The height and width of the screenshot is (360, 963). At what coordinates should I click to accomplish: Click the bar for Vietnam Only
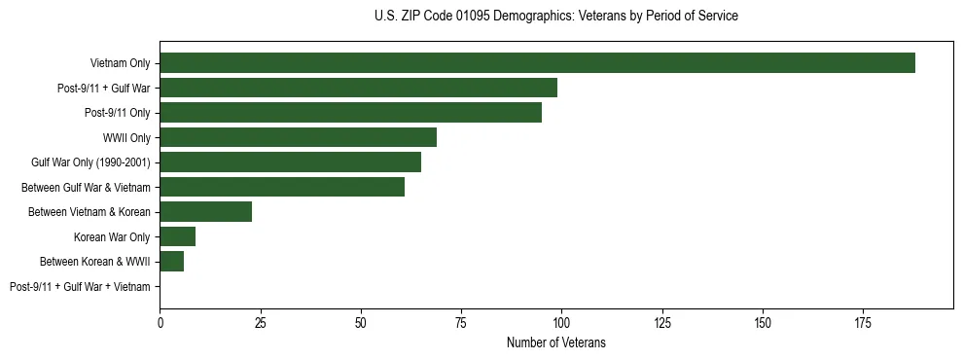tap(537, 63)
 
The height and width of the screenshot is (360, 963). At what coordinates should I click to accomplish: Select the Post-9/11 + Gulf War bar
tap(358, 88)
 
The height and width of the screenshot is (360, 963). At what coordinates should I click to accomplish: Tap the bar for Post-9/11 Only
tap(350, 113)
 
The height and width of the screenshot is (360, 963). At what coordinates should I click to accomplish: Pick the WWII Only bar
tap(298, 137)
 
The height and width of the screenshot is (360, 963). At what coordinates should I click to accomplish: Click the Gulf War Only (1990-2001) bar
tap(290, 162)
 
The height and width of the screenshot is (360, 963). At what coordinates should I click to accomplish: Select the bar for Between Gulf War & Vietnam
tap(282, 187)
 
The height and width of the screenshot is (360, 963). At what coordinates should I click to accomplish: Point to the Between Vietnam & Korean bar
tap(205, 212)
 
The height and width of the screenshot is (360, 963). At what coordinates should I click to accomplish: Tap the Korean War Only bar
tap(177, 236)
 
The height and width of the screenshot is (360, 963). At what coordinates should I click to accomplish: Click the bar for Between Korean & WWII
tap(171, 262)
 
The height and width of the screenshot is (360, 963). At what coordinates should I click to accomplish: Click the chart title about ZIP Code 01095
tap(555, 17)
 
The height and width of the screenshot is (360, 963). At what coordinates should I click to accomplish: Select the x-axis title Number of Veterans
tap(555, 342)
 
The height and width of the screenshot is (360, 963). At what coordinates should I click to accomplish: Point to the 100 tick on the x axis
tap(561, 320)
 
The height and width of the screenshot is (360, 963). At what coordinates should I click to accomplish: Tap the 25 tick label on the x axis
tap(260, 320)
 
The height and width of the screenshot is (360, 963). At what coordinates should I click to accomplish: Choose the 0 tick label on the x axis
tap(160, 320)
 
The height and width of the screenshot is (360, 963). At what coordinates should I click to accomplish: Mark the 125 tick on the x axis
tap(661, 320)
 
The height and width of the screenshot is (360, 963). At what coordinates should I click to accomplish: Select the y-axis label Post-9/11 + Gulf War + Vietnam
tap(80, 287)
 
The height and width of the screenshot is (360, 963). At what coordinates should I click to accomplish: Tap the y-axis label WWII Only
tap(126, 137)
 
